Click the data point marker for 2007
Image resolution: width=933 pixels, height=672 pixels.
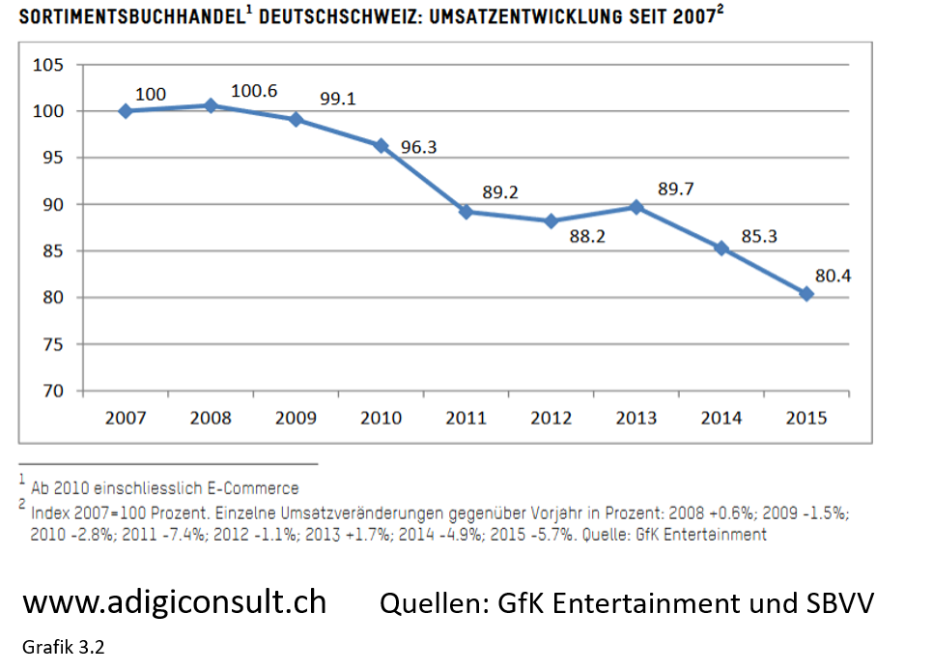[126, 111]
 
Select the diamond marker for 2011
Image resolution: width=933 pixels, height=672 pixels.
[466, 212]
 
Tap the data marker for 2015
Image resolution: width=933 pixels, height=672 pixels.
[806, 294]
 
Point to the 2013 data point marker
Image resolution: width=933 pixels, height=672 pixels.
[636, 207]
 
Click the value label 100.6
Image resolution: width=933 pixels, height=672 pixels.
[254, 91]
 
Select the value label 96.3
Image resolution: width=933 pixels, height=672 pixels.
[419, 148]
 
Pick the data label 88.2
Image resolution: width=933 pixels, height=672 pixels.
[587, 236]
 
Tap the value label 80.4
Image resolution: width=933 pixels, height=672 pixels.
[833, 277]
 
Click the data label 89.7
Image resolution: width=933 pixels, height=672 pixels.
[676, 190]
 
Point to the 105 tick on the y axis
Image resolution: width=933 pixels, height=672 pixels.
[49, 65]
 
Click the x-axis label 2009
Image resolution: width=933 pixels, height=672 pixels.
[296, 418]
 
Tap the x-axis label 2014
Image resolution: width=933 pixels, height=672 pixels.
[721, 418]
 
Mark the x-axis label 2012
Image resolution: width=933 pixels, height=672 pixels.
[551, 418]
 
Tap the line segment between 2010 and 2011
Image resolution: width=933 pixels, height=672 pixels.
[424, 179]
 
